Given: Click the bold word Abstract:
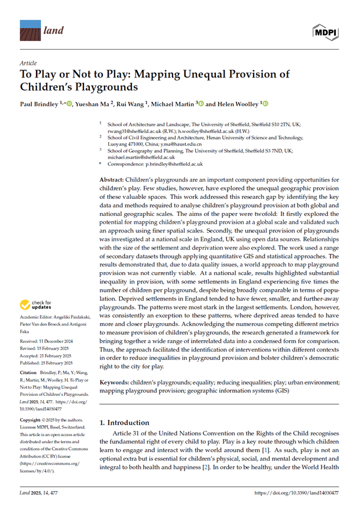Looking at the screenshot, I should tap(111, 179).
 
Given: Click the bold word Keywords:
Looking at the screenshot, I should tap(113, 382).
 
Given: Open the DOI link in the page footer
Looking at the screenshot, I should tap(296, 492).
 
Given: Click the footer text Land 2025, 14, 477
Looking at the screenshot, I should tap(41, 492).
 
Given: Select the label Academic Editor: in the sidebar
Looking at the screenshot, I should tap(37, 318).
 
